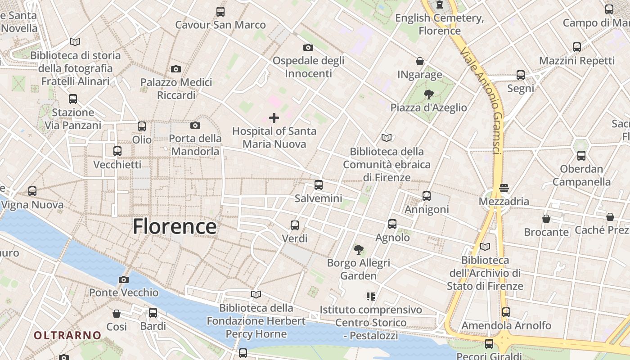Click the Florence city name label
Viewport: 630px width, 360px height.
[175, 226]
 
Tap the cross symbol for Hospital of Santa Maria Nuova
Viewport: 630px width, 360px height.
[274, 118]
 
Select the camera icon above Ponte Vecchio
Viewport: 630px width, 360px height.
[124, 279]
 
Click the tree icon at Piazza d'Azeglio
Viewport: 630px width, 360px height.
[428, 94]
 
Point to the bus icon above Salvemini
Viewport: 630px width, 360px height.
[319, 184]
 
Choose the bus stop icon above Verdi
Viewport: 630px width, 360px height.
[295, 225]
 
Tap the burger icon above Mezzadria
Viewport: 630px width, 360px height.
[504, 188]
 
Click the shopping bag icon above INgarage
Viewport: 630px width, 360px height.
[420, 61]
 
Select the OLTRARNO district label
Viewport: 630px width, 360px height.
[67, 335]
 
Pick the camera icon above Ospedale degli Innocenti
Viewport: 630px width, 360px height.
[308, 47]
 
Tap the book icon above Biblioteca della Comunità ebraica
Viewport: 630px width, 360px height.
[386, 138]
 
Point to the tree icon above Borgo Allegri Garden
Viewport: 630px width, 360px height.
[359, 249]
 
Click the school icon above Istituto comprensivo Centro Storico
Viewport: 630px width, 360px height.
[371, 296]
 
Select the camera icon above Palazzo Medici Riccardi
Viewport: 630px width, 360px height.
[176, 69]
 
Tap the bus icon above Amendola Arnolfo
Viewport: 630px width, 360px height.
[506, 312]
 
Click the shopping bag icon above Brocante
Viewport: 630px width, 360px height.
[546, 219]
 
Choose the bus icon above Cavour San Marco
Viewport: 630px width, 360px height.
[220, 12]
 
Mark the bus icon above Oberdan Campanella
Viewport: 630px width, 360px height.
[581, 156]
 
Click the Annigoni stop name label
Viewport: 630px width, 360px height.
[427, 209]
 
